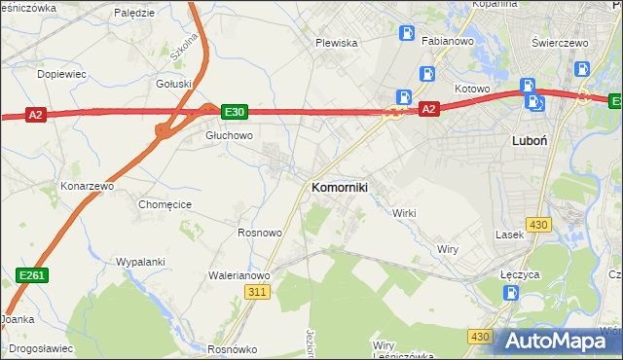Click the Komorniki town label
pyautogui.click(x=339, y=187)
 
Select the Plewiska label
pyautogui.click(x=337, y=43)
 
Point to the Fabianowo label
pyautogui.click(x=447, y=42)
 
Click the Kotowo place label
pyautogui.click(x=472, y=89)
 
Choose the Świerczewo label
pyautogui.click(x=562, y=43)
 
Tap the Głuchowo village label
pyautogui.click(x=229, y=136)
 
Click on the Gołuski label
pyautogui.click(x=174, y=84)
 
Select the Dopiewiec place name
pyautogui.click(x=61, y=74)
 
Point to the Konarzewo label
pyautogui.click(x=88, y=185)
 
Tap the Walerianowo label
pyautogui.click(x=238, y=275)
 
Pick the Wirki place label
pyautogui.click(x=404, y=213)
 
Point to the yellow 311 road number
pyautogui.click(x=257, y=292)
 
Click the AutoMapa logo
pyautogui.click(x=558, y=340)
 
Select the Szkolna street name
pyautogui.click(x=184, y=46)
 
